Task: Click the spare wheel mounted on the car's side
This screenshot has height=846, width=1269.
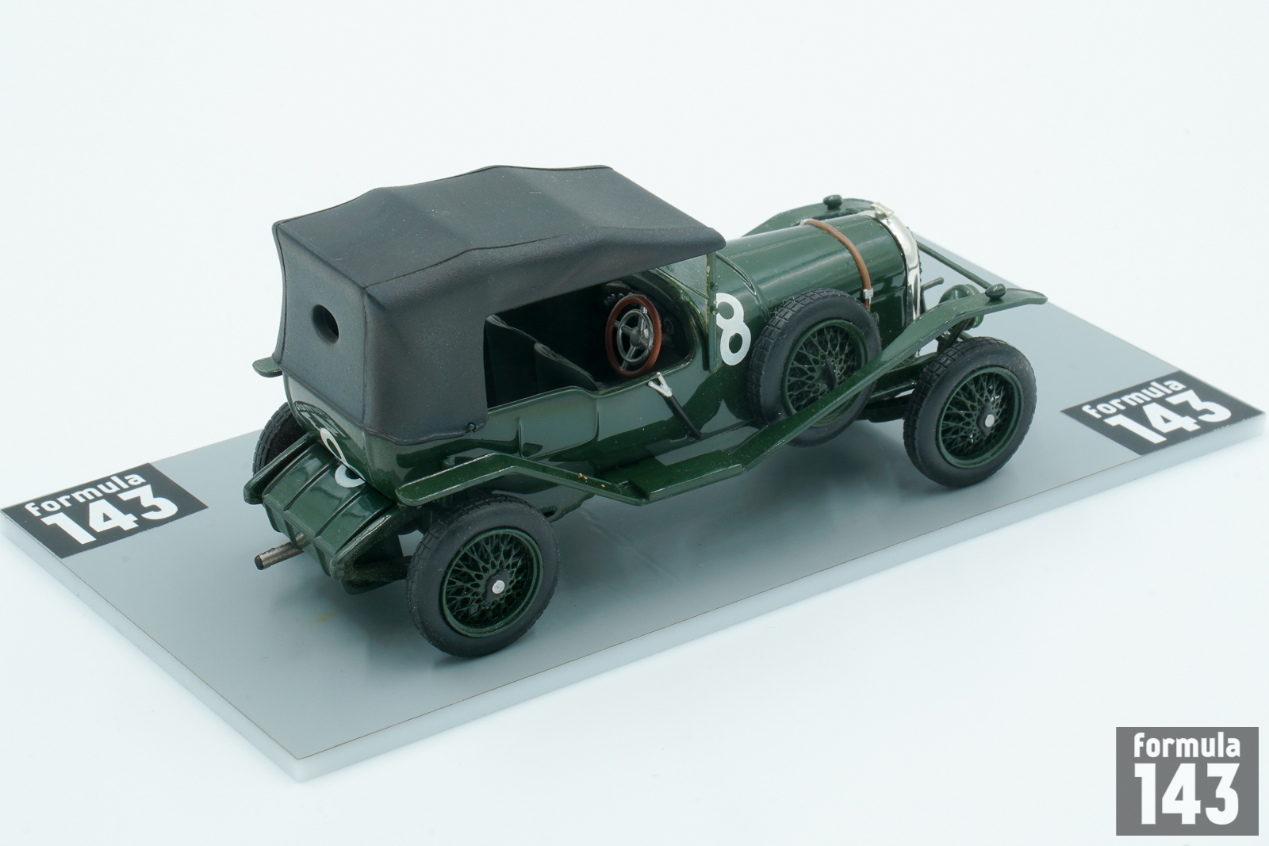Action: click(814, 366)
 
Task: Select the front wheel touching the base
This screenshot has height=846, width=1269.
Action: click(969, 412)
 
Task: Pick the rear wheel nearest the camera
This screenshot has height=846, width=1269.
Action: click(483, 576)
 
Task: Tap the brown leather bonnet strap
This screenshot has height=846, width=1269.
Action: click(838, 258)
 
